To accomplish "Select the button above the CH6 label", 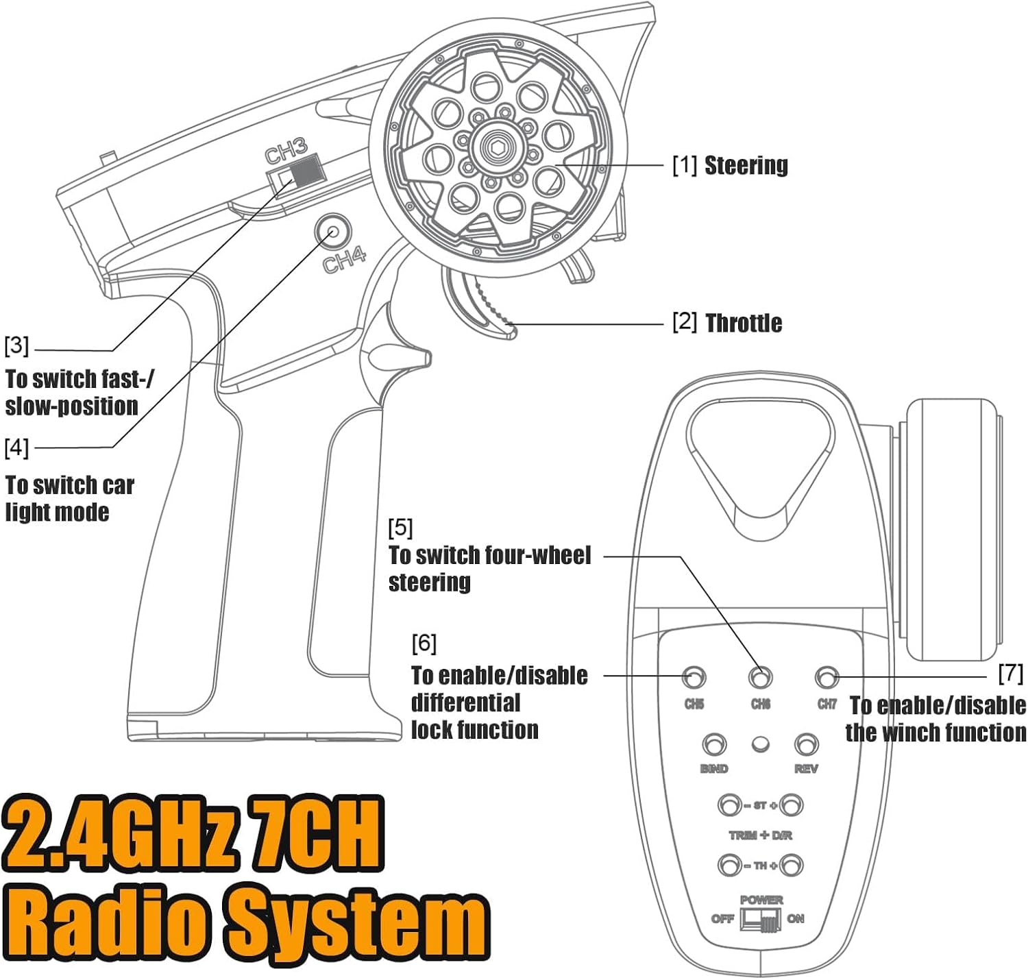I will coord(760,678).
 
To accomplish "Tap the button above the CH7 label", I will coord(827,678).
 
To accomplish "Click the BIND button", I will coord(714,744).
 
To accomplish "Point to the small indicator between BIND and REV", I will coord(760,744).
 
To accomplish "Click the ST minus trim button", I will coord(729,805).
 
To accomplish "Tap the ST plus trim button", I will coord(792,805).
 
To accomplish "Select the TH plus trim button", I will coord(792,865).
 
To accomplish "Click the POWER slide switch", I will coord(760,920).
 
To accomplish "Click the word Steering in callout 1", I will coord(746,165).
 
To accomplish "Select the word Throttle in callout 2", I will coord(744,323).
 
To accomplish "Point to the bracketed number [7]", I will coord(1011,673).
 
